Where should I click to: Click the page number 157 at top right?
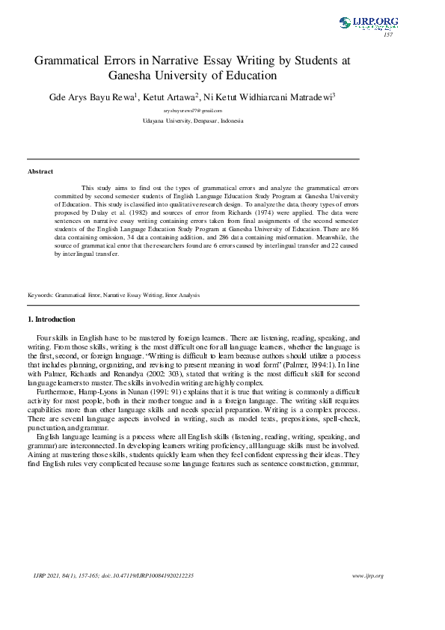coord(387,35)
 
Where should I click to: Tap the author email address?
coord(193,110)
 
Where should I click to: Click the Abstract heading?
coord(40,171)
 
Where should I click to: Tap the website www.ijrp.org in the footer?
coord(367,575)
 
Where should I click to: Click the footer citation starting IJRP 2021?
coord(112,575)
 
